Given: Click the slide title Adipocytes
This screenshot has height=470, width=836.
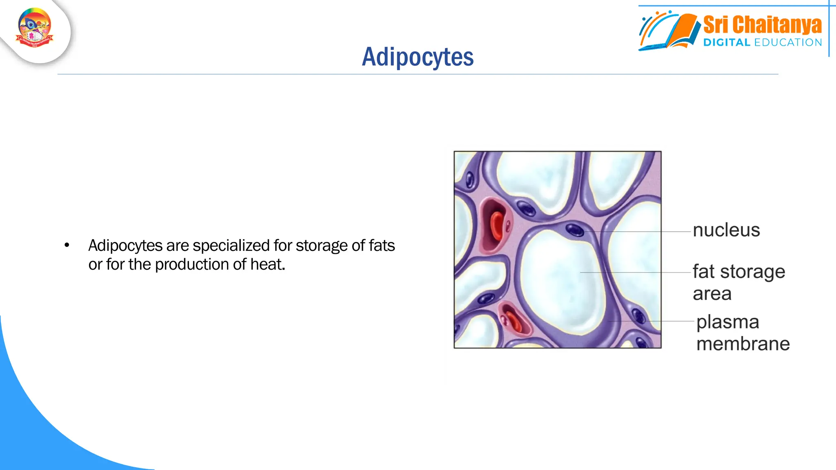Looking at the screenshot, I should pyautogui.click(x=418, y=57).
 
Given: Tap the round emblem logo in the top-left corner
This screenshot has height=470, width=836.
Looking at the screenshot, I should pyautogui.click(x=35, y=28).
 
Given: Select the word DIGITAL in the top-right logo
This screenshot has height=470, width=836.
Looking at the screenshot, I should pyautogui.click(x=727, y=42).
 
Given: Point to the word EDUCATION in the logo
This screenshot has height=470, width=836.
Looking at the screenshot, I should pyautogui.click(x=788, y=42).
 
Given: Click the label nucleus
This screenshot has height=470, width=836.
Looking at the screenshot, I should pyautogui.click(x=726, y=230).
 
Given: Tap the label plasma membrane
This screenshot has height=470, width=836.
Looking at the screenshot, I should pyautogui.click(x=743, y=333).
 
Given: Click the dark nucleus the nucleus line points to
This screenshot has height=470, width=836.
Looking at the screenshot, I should pyautogui.click(x=574, y=230).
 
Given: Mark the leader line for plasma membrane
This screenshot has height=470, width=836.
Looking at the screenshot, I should pyautogui.click(x=653, y=321).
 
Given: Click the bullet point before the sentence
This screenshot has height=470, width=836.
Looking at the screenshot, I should pyautogui.click(x=67, y=245).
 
